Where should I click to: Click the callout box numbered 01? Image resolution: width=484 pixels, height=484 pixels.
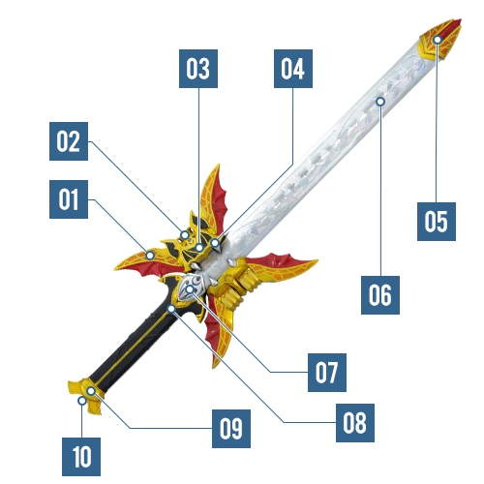click(x=69, y=199)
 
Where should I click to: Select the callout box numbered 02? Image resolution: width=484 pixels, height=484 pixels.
click(x=69, y=141)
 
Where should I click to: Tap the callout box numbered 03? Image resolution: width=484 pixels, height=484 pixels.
click(x=198, y=69)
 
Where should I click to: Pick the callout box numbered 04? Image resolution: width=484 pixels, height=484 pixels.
click(x=293, y=69)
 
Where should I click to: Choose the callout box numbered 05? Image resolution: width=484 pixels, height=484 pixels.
click(x=437, y=222)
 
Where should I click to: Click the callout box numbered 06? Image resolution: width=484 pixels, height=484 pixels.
click(x=380, y=295)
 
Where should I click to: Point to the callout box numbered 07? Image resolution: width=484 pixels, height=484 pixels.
click(x=327, y=373)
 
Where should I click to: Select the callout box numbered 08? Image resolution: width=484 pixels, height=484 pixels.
click(x=355, y=423)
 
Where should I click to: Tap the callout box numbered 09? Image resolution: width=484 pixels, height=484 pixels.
click(x=231, y=429)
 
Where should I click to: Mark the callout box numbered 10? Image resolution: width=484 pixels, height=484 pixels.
click(x=81, y=457)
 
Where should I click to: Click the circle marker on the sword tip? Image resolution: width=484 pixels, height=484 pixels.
click(x=438, y=40)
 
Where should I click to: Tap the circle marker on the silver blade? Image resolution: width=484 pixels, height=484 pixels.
click(x=380, y=102)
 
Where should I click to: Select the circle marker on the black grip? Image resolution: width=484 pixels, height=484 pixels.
click(x=171, y=309)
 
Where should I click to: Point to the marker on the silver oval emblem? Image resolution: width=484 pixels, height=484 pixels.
click(x=190, y=289)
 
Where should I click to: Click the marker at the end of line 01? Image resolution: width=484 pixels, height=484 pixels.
click(x=150, y=256)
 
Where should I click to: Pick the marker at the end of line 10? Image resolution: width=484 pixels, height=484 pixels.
click(x=82, y=401)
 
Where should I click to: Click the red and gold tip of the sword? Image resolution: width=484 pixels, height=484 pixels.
click(x=440, y=39)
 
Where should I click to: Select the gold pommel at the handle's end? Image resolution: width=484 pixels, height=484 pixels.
click(x=85, y=395)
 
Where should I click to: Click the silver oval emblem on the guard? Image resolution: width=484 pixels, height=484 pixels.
click(x=192, y=287)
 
